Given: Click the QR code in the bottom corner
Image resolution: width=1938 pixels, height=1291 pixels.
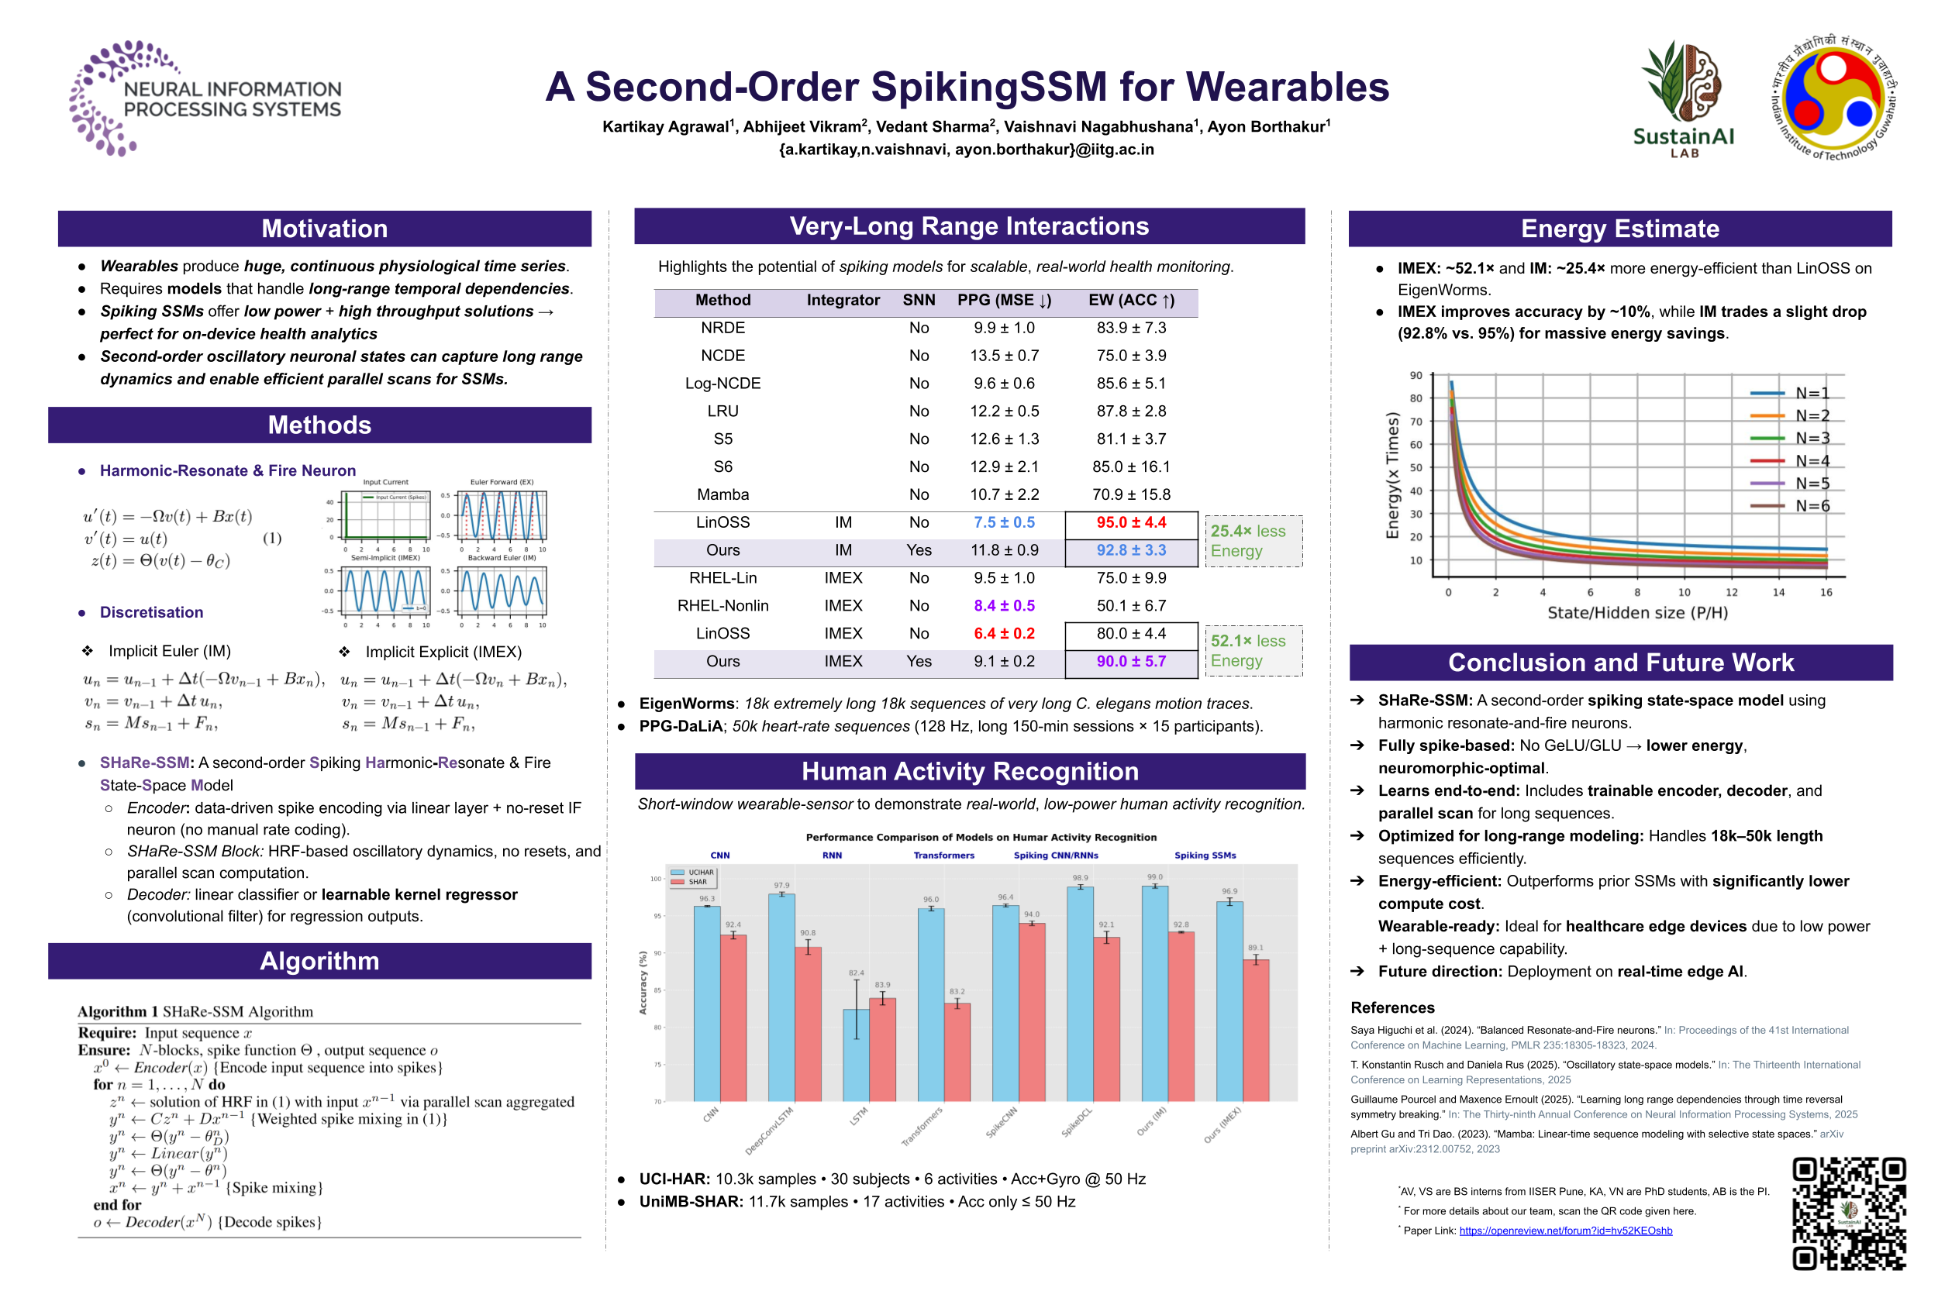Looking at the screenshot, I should (x=1848, y=1213).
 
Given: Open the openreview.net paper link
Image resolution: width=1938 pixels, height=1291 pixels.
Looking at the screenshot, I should (x=1565, y=1231).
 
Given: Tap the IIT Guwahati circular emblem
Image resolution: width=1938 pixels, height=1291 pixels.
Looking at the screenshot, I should (x=1833, y=97).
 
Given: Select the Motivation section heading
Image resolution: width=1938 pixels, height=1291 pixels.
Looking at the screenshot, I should (x=325, y=229).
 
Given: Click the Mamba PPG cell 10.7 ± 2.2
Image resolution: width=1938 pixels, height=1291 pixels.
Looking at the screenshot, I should (x=1004, y=495).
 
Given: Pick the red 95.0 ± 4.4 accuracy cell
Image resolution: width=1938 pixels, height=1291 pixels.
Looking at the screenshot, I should (x=1131, y=523).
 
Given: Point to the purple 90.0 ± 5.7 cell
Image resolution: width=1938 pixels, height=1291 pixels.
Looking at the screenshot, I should (x=1131, y=662).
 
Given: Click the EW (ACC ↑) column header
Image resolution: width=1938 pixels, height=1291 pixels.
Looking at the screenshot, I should (x=1131, y=301).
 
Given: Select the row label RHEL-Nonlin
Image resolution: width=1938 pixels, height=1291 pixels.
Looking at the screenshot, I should (x=722, y=606).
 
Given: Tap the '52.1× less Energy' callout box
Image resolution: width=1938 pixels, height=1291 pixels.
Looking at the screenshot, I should (x=1253, y=651).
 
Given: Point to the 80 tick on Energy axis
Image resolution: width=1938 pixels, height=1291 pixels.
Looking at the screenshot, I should (x=1415, y=398).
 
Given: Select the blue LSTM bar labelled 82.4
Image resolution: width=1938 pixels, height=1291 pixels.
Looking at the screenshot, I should (x=856, y=1055).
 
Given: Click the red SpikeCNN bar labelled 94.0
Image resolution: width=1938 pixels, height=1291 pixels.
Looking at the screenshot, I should (x=1031, y=1012).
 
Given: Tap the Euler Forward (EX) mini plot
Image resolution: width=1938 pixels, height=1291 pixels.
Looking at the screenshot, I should (x=502, y=515).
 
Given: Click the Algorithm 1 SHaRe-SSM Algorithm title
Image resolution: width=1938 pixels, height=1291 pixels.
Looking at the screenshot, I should (x=195, y=1012).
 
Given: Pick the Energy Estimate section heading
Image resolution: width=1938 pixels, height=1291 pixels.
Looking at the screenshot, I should (x=1619, y=229).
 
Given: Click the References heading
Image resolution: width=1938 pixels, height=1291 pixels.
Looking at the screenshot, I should (x=1392, y=1007).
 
